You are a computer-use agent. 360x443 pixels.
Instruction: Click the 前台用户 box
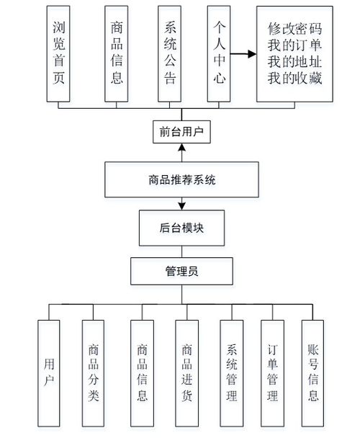pyautogui.click(x=181, y=131)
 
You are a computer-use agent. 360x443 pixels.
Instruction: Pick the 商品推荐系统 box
pyautogui.click(x=181, y=179)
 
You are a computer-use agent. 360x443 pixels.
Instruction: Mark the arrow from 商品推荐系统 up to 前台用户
pyautogui.click(x=181, y=153)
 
